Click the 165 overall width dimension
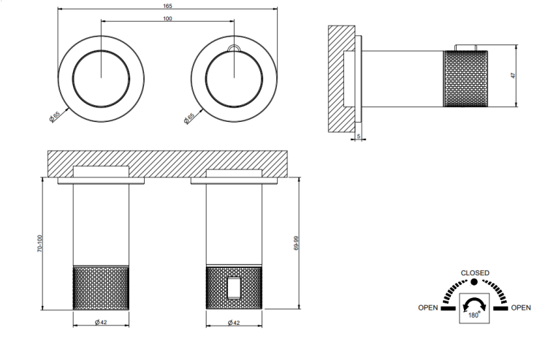pos(167,6)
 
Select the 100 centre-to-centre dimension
pos(167,18)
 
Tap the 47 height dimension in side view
pos(513,75)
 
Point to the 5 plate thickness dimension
pos(359,136)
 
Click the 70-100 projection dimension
pos(39,243)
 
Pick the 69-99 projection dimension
pos(297,243)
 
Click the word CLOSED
pos(475,272)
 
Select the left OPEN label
pos(427,307)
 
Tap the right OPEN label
pos(521,307)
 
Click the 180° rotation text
pos(474,315)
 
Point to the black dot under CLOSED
pos(474,282)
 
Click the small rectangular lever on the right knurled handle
pos(234,288)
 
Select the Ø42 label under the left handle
pos(101,322)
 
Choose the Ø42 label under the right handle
pos(234,323)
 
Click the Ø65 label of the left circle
pos(55,116)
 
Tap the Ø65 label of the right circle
pos(189,118)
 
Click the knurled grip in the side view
pos(465,79)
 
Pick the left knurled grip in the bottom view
pos(101,288)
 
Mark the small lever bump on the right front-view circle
pos(234,48)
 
